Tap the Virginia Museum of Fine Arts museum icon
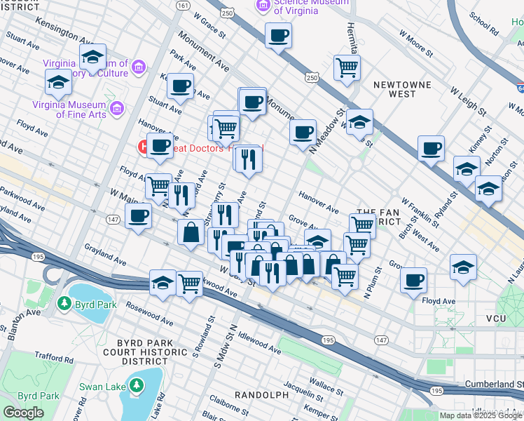116,109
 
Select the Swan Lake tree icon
136,385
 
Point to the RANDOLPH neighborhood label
262,395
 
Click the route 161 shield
183,5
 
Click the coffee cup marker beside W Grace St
278,35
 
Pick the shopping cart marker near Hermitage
347,68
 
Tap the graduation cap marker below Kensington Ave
92,56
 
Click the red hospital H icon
144,148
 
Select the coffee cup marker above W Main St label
138,215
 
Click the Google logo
23,413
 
